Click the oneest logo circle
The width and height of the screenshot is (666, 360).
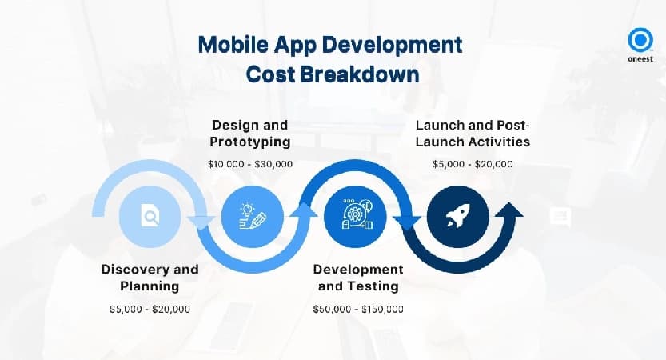[640, 40]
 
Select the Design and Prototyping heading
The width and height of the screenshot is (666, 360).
[250, 133]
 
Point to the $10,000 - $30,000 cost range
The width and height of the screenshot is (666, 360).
[250, 164]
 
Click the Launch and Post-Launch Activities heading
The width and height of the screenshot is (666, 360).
[473, 133]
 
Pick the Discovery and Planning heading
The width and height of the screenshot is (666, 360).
[150, 277]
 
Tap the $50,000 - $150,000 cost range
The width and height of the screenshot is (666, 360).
[358, 309]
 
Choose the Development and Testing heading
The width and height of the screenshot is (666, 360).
[358, 277]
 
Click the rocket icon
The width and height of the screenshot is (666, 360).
[458, 216]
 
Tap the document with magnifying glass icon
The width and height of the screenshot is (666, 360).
[150, 216]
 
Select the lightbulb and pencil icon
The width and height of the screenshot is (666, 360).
[253, 216]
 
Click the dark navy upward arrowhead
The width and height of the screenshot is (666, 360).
[508, 210]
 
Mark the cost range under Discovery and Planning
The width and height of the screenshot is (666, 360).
[150, 309]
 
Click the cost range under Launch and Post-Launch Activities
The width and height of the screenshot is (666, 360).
[473, 164]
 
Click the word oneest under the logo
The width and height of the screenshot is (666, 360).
[640, 59]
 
